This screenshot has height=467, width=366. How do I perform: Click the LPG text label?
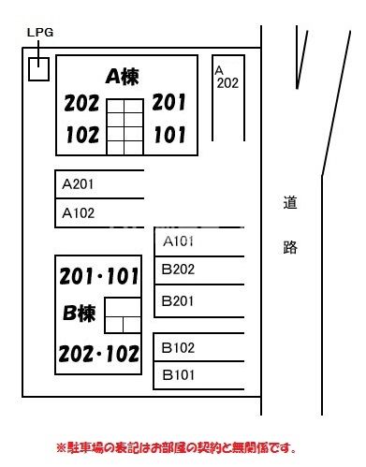click(40, 32)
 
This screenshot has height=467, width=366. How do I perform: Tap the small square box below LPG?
click(38, 68)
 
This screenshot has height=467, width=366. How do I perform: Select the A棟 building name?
click(122, 77)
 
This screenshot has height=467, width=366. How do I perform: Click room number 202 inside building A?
click(82, 104)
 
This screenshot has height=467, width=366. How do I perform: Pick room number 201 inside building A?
click(169, 102)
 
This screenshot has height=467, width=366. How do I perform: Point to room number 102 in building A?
click(82, 135)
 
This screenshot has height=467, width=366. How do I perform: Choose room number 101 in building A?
click(169, 134)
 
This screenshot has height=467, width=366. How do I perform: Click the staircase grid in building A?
click(124, 125)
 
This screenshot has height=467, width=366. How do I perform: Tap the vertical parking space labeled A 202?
click(227, 101)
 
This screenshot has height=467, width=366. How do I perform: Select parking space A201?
click(99, 184)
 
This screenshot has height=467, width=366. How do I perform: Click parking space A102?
click(99, 212)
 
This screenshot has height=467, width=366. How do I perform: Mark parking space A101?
click(198, 242)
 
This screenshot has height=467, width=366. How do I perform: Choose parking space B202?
click(198, 270)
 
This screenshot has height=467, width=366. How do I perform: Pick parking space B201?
click(198, 300)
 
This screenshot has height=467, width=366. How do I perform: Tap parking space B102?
click(198, 348)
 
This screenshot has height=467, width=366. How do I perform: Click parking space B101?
click(198, 375)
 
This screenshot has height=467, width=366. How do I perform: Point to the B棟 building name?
click(80, 314)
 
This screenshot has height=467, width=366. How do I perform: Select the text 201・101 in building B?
click(99, 277)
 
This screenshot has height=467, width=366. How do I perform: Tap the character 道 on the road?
click(290, 201)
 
